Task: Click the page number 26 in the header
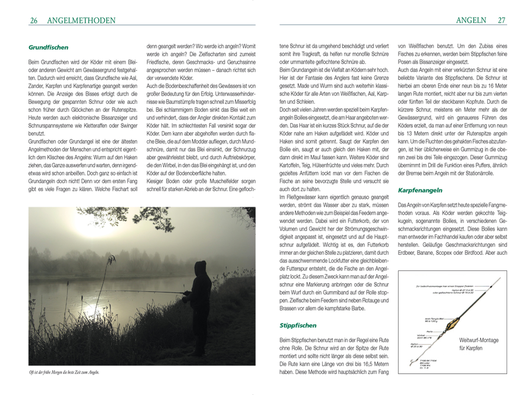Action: [33, 20]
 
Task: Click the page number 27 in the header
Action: [501, 20]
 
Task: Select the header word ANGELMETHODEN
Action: [81, 20]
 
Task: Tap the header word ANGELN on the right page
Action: [471, 20]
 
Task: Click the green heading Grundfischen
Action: [48, 47]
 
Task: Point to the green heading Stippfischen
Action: [298, 325]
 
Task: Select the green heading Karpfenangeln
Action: [420, 190]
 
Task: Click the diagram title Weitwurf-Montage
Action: [478, 340]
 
